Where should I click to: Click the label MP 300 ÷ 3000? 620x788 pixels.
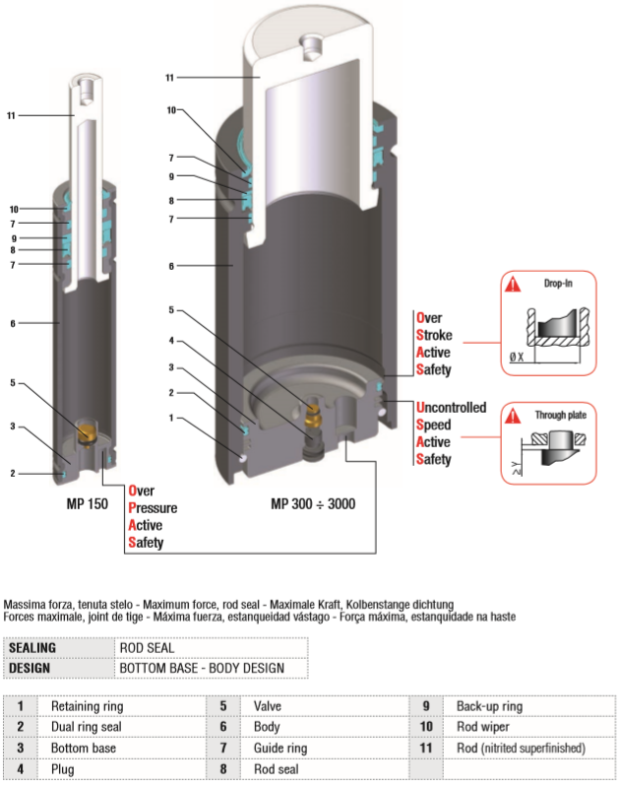(313, 503)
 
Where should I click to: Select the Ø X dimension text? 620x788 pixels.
(516, 357)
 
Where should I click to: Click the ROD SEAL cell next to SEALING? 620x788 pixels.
(147, 648)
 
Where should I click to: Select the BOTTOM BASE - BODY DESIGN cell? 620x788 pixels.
(202, 668)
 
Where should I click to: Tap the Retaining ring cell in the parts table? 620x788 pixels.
(88, 706)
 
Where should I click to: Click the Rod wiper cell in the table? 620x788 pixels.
(481, 727)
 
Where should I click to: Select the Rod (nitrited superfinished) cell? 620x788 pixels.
(520, 748)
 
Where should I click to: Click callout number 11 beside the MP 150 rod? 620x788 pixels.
(11, 115)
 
